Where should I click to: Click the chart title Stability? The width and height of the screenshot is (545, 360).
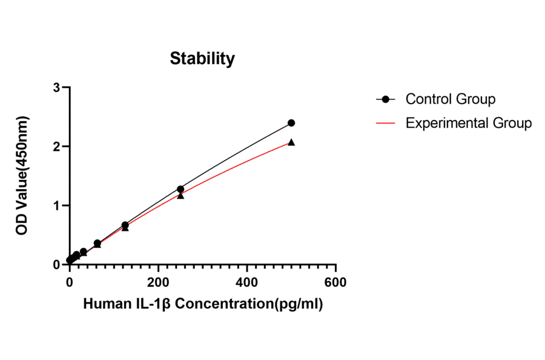point(202,59)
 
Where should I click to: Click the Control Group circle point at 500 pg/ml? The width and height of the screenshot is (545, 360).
point(291,123)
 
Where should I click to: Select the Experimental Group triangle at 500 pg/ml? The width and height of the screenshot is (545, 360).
point(291,142)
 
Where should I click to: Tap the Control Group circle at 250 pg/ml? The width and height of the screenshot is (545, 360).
point(180,189)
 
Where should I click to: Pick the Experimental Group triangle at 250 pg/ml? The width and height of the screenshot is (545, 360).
point(180,196)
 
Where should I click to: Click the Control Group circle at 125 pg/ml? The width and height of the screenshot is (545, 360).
point(125,225)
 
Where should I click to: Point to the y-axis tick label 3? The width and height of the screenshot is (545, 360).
point(57,88)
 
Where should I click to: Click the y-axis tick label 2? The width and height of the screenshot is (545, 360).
point(57,147)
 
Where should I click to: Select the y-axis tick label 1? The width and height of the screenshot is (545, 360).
point(57,205)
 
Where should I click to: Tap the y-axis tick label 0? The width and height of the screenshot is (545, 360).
point(57,265)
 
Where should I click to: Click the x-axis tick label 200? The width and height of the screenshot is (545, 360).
point(158,282)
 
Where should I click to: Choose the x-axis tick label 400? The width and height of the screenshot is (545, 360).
point(247,282)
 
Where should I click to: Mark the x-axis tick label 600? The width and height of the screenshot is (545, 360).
point(335,282)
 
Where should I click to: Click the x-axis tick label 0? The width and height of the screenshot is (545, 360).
point(70,282)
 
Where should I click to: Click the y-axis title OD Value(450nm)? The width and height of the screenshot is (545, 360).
point(22,176)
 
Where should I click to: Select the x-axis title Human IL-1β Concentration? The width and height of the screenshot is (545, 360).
point(203,304)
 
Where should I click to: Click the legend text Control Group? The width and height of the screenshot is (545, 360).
point(451,99)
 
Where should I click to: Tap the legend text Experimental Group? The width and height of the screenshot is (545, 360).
point(469,123)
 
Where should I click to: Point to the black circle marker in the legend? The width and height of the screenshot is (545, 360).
point(385,99)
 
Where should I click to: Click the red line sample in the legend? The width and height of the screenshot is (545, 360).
point(385,123)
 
